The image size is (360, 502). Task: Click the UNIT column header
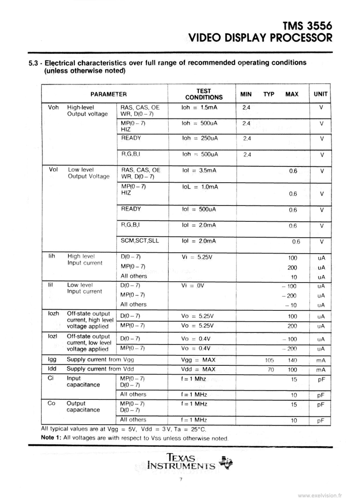[320, 94]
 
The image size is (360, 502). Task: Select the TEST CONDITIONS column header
[204, 94]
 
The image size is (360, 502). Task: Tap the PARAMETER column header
[108, 94]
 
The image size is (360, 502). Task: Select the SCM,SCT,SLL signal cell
[140, 240]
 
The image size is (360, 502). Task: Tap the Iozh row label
[53, 314]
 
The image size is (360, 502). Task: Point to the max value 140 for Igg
[292, 360]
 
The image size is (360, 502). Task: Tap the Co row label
[51, 403]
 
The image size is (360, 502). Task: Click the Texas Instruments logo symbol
[225, 462]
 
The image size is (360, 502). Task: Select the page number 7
[180, 480]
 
